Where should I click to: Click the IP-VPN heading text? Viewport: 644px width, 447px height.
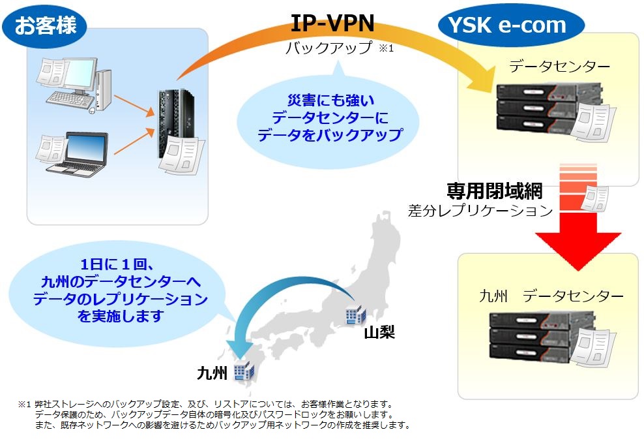(333, 23)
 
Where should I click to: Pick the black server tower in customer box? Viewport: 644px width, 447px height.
(173, 124)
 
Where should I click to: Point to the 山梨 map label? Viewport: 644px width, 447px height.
(379, 333)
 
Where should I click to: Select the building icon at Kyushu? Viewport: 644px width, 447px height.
(243, 371)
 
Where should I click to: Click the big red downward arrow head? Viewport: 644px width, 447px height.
(566, 244)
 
